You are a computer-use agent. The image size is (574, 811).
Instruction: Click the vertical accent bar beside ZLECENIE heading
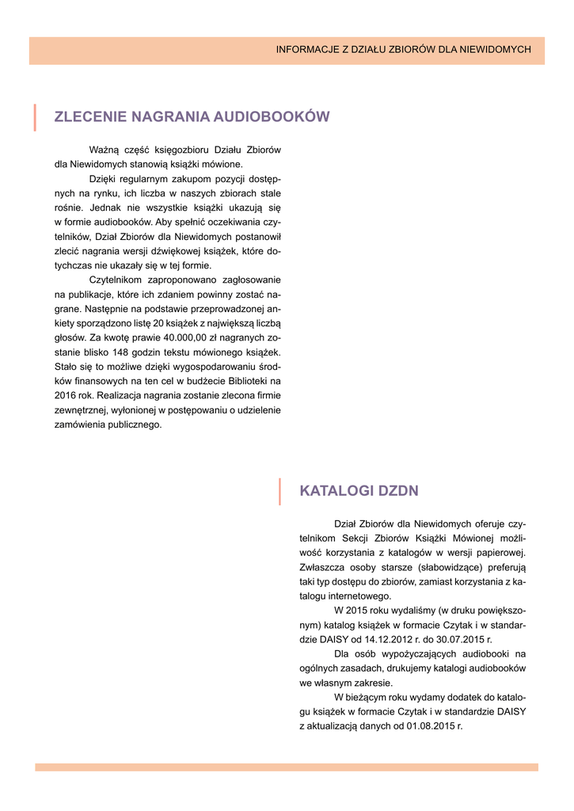(35, 116)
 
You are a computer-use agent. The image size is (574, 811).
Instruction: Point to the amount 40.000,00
(160, 337)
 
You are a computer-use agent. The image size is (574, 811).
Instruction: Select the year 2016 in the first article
(67, 395)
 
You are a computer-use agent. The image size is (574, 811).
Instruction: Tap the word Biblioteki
(240, 381)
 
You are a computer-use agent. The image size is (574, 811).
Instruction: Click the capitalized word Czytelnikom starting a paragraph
(116, 280)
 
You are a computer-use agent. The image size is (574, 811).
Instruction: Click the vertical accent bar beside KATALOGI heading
(280, 491)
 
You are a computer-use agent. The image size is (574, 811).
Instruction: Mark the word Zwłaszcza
(321, 567)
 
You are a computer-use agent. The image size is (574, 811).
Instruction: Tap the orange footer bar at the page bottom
(287, 767)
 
